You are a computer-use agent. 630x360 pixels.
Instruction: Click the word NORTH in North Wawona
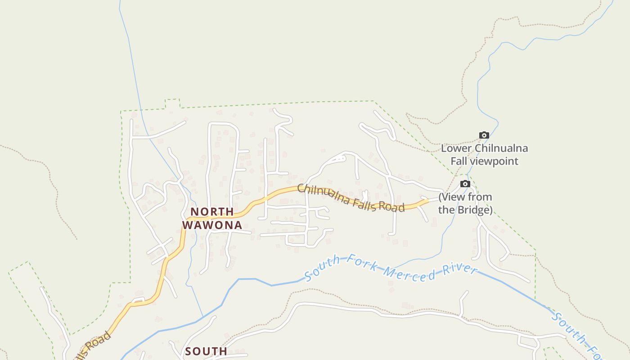212,211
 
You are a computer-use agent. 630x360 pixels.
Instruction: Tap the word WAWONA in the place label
212,225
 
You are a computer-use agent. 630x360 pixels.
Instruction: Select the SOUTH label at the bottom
206,351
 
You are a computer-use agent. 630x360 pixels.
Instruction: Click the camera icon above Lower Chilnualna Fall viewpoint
484,135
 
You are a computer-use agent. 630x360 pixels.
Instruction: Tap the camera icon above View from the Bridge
465,184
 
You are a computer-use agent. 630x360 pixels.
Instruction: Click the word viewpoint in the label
494,161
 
